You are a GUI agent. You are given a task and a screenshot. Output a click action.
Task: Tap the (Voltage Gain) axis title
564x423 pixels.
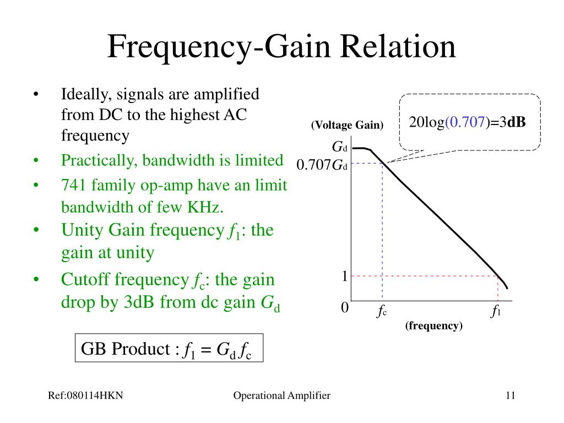point(347,125)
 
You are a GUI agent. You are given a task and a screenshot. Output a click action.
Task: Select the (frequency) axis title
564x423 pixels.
point(434,326)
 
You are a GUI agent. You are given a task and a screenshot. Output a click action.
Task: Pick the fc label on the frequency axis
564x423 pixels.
point(382,312)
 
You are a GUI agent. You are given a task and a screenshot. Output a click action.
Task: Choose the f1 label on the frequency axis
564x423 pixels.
point(496,312)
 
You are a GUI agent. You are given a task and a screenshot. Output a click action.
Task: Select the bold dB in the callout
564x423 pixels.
point(516,122)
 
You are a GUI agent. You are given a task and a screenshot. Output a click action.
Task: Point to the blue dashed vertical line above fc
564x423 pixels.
point(382,231)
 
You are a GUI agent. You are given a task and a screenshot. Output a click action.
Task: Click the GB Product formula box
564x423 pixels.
point(169,348)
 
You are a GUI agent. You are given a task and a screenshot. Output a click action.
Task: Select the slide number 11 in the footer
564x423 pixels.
point(509,395)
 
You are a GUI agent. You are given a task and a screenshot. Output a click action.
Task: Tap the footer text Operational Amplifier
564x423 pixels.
point(281,395)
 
